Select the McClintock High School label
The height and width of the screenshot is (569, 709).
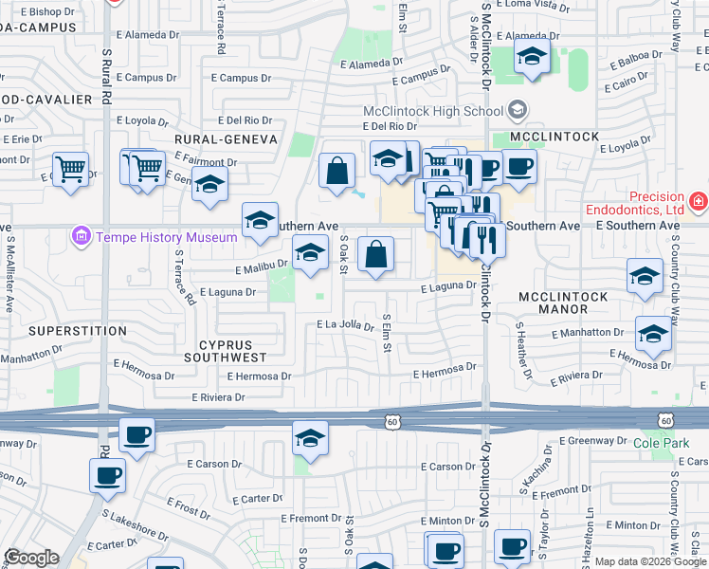tap(433, 111)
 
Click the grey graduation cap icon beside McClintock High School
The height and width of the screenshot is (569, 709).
tap(518, 111)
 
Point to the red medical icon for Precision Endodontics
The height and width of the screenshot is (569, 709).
tap(699, 200)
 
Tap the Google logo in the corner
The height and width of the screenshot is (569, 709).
tap(31, 558)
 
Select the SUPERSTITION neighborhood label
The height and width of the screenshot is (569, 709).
tap(78, 331)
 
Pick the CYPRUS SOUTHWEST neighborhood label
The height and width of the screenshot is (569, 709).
tap(225, 351)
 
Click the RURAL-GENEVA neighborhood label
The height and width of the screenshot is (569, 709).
tap(226, 139)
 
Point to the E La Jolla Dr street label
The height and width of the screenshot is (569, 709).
tap(346, 326)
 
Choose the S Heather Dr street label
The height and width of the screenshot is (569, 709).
tap(521, 347)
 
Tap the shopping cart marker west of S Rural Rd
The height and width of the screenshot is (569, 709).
tap(70, 171)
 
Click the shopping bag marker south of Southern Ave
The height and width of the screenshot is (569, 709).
tap(376, 256)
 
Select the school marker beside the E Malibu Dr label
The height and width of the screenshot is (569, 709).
tap(309, 255)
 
